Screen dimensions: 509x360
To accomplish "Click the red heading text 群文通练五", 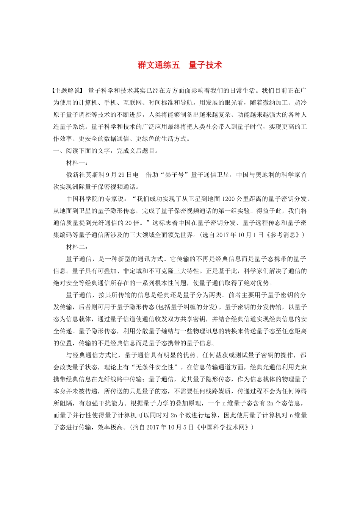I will coord(159,65).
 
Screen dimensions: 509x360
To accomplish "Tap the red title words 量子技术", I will coord(205,65).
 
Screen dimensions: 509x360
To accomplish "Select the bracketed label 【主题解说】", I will coord(67,91).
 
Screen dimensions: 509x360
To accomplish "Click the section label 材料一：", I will coord(77,163).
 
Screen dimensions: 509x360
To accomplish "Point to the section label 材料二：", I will coord(77,247).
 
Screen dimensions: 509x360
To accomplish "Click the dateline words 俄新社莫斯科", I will coord(85,175).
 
